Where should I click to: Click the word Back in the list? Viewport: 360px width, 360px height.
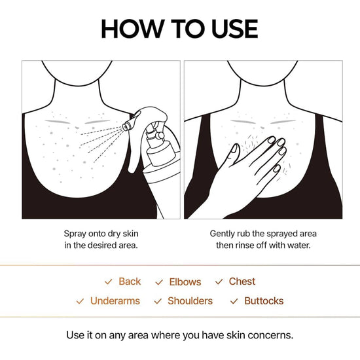point(130,281)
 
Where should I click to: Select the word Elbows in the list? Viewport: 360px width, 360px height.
point(185,282)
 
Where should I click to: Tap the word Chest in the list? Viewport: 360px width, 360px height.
point(242,281)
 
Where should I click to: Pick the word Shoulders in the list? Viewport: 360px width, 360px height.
point(190,301)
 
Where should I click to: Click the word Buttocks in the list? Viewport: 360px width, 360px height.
point(264,301)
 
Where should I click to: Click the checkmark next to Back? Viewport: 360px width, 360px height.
point(109,282)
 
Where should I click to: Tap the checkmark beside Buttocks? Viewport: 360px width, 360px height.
point(234,302)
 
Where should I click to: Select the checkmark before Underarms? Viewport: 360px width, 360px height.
point(80,302)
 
